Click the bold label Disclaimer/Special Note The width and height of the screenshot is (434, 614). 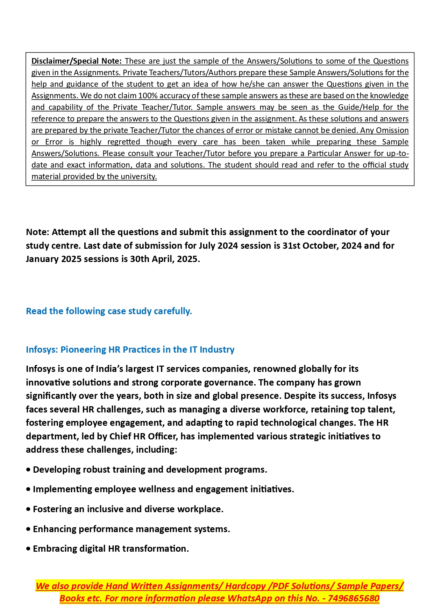pyautogui.click(x=76, y=61)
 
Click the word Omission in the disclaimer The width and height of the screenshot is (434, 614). pyautogui.click(x=392, y=130)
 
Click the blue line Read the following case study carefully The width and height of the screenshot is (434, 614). pyautogui.click(x=109, y=311)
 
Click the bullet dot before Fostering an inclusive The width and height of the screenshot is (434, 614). pyautogui.click(x=28, y=509)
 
